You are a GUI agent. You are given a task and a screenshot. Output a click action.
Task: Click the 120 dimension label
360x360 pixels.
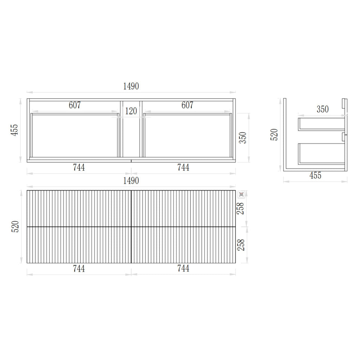[x=131, y=111]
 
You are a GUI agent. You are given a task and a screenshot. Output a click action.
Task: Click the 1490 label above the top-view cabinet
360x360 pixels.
[x=131, y=86]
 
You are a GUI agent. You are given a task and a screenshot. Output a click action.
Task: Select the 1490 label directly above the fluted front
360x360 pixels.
[x=131, y=181]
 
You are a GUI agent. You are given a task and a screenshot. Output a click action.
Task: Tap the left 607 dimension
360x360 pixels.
[x=75, y=105]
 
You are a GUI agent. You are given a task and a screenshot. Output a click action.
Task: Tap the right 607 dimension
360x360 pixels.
[x=187, y=105]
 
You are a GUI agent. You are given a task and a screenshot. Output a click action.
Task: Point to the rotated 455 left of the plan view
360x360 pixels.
[x=14, y=130]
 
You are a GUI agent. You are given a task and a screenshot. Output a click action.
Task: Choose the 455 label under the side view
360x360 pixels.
[x=315, y=175]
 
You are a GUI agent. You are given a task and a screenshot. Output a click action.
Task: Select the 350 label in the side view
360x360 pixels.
[x=323, y=109]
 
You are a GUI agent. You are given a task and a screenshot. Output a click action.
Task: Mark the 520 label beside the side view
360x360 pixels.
[x=274, y=135]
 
